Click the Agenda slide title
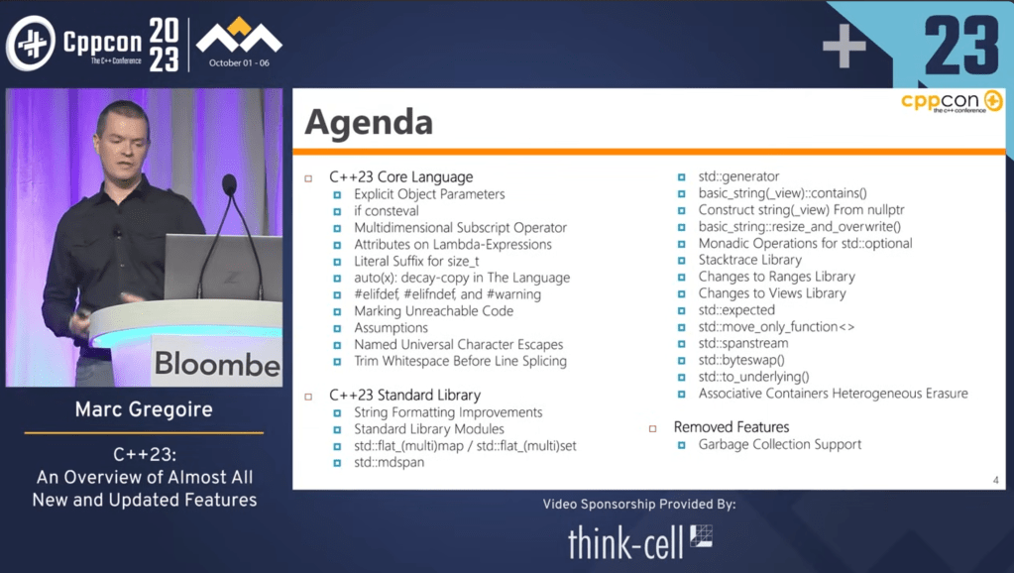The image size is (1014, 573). click(x=369, y=122)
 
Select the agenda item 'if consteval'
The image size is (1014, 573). click(x=386, y=211)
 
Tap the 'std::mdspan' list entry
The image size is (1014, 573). click(x=389, y=462)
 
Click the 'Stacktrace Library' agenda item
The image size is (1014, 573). click(x=749, y=260)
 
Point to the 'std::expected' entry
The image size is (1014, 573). click(x=735, y=309)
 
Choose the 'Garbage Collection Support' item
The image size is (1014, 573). click(x=779, y=444)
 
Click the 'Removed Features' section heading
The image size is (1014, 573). click(x=731, y=427)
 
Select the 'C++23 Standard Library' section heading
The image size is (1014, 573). click(x=404, y=396)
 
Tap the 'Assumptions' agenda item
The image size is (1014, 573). click(x=391, y=328)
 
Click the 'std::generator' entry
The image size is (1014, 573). click(x=737, y=176)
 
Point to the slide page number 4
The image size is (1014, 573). click(x=995, y=480)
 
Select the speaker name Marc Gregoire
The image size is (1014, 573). click(x=144, y=409)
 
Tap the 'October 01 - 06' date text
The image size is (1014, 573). click(x=239, y=62)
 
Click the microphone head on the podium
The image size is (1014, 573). click(x=229, y=185)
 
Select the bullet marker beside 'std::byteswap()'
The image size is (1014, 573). click(x=681, y=360)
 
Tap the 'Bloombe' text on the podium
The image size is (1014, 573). click(x=217, y=364)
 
